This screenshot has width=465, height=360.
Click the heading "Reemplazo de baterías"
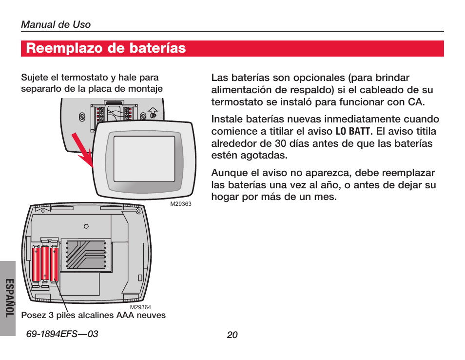106,48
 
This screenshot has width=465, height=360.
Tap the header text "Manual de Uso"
56,25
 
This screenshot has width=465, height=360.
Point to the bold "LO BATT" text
353,132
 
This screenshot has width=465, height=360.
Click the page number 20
232,335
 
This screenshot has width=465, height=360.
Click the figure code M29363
180,204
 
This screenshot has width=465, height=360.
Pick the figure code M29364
140,307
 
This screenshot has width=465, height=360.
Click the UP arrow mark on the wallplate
153,113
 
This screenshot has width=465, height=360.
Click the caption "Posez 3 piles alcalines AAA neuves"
93,315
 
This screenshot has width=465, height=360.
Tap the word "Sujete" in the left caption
34,78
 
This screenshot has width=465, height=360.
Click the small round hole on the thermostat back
86,226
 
